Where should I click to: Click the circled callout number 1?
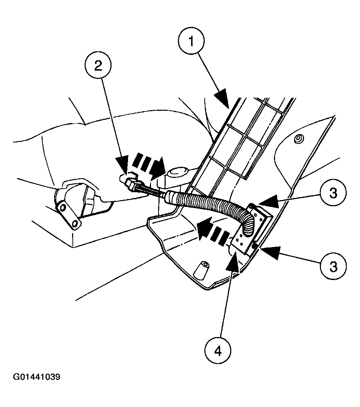191,43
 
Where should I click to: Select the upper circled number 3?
333,194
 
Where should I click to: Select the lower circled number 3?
333,266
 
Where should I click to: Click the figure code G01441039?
37,377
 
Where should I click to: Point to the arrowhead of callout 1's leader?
222,99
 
